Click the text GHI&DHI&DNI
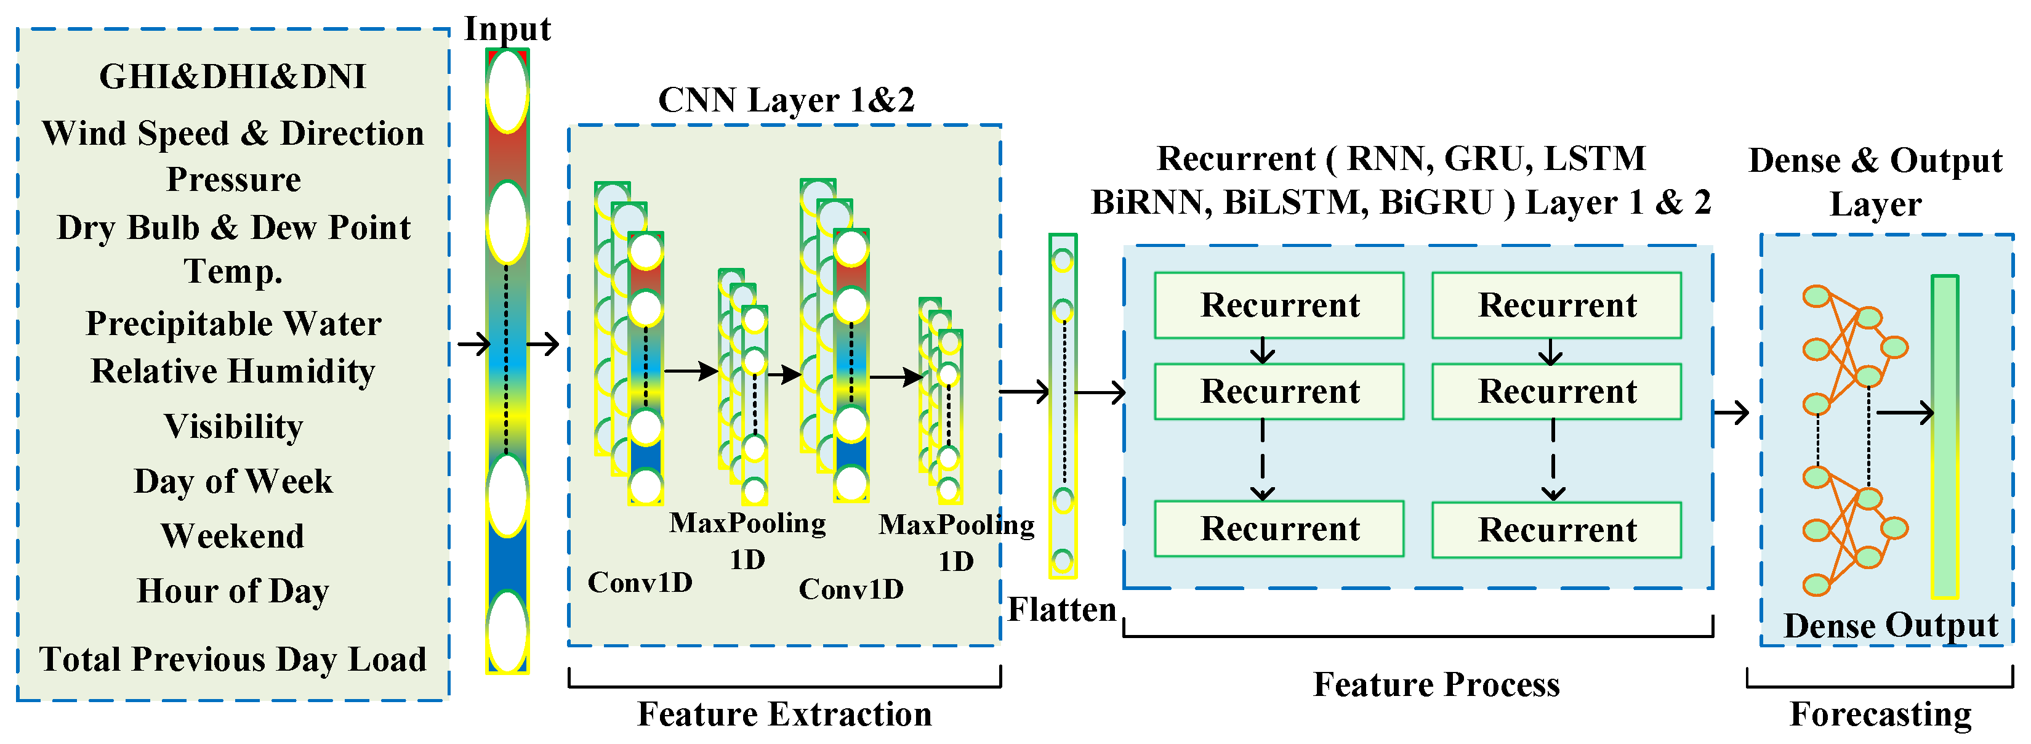tap(233, 76)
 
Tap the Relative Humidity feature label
tap(233, 371)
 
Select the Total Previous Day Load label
tap(233, 659)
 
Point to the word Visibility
tap(233, 427)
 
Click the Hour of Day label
tap(233, 591)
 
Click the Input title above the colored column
tap(507, 29)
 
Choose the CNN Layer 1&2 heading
tap(786, 100)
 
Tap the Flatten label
tap(1062, 609)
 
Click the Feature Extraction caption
tap(784, 714)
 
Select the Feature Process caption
tap(1436, 684)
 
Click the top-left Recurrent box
tap(1279, 305)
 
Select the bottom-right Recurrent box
tap(1556, 530)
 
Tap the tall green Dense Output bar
tap(1945, 436)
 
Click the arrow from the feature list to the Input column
tap(474, 344)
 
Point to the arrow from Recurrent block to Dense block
tap(1731, 412)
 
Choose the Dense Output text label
tap(1891, 626)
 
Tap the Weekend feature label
tap(233, 536)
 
